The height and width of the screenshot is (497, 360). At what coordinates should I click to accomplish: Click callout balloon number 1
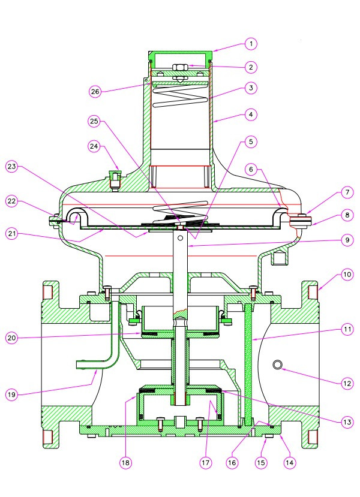[x=251, y=44]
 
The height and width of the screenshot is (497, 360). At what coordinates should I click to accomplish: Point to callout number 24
[x=94, y=145]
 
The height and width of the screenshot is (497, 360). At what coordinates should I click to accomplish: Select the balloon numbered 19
[x=11, y=394]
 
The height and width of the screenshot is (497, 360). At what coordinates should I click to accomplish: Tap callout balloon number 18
[x=125, y=462]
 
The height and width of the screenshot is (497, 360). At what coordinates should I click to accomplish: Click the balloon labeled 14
[x=290, y=462]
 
